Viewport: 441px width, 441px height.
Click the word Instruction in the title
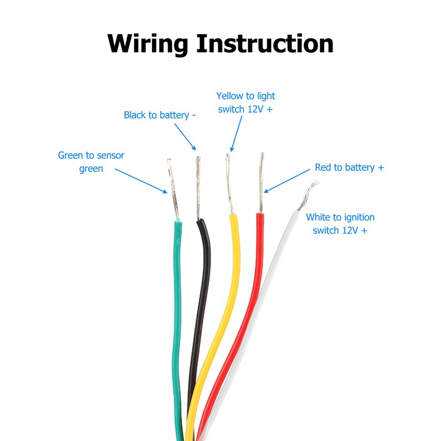(265, 44)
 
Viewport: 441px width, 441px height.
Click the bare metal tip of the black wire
(198, 187)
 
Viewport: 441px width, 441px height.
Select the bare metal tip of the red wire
(261, 182)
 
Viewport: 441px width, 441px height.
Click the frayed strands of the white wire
(309, 191)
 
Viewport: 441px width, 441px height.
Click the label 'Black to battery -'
(160, 115)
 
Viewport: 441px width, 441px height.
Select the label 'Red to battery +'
(349, 168)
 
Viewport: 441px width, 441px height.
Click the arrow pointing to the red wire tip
(287, 181)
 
